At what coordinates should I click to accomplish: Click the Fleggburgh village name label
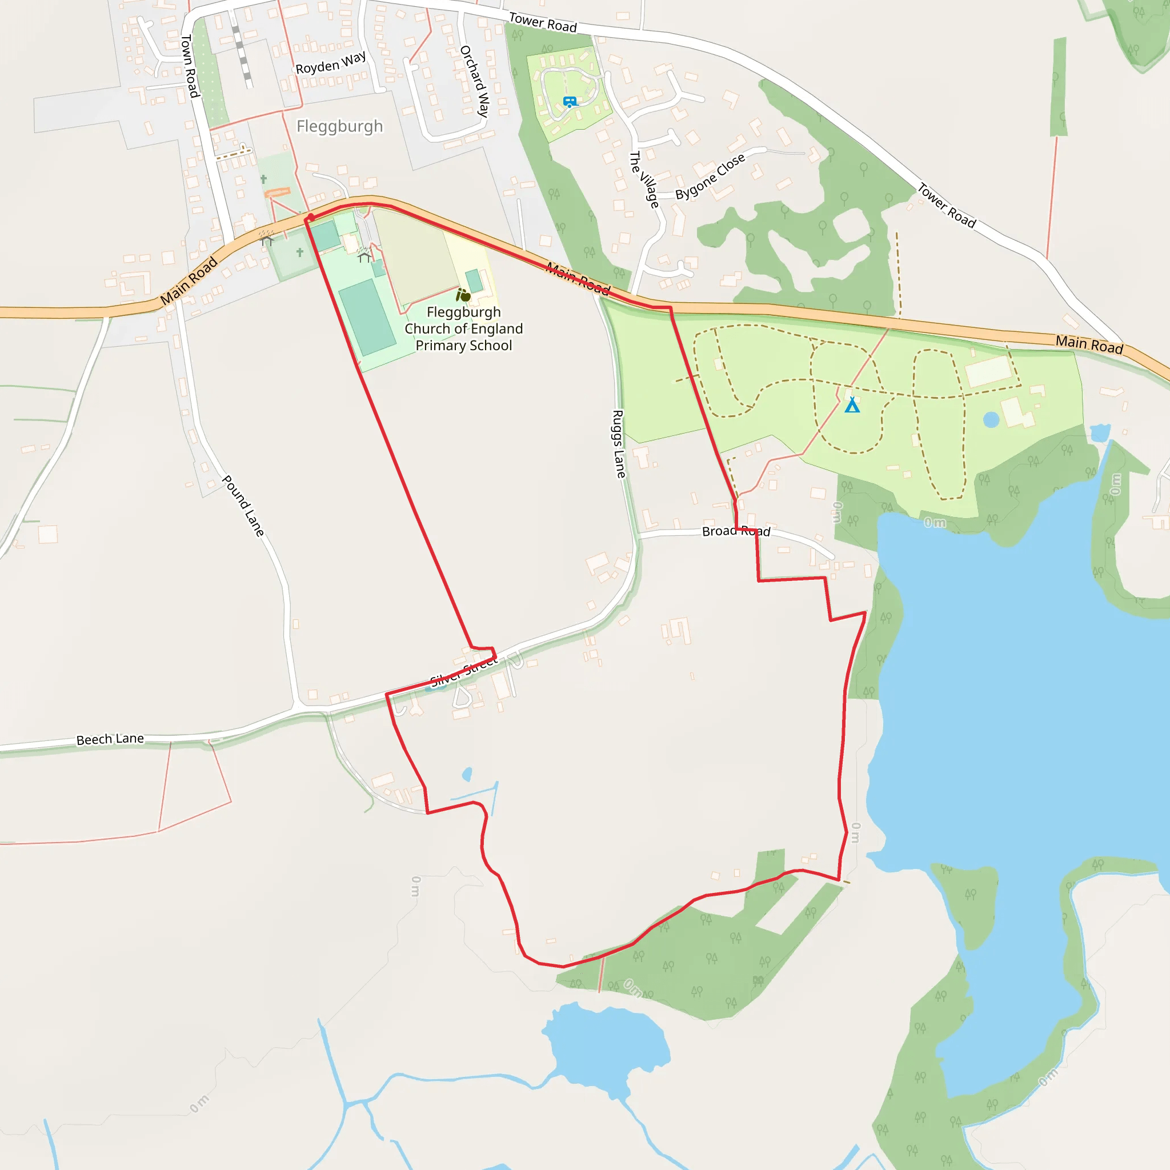pos(339,126)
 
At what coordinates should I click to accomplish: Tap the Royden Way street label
pos(331,63)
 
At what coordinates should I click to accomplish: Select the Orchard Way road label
pos(475,81)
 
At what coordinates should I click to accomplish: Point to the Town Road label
pos(190,66)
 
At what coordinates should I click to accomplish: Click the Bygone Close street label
pos(710,176)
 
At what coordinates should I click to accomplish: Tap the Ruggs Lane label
pos(618,444)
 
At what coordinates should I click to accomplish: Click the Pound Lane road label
pos(243,506)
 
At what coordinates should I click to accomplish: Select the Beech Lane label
pos(110,739)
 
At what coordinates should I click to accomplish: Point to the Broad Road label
pos(736,531)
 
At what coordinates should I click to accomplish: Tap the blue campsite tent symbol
pos(852,404)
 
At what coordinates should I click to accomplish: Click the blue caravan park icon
pos(570,102)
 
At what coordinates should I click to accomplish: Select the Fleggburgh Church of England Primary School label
pos(464,329)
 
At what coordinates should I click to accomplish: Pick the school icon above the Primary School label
pos(463,295)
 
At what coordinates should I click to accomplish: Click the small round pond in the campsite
pos(991,420)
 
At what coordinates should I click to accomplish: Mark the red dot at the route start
pos(311,217)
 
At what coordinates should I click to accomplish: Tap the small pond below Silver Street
pos(467,774)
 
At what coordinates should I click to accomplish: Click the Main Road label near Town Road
pos(189,281)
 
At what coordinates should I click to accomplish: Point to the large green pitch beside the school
pos(367,316)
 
